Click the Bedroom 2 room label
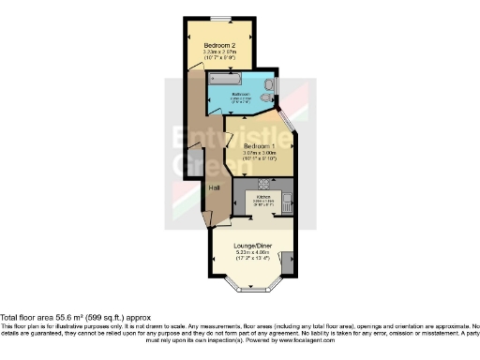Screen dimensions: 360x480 (219, 44)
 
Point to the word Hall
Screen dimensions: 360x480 (214, 187)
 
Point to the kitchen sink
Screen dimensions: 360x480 (289, 198)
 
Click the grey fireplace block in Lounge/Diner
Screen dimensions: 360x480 (289, 263)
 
